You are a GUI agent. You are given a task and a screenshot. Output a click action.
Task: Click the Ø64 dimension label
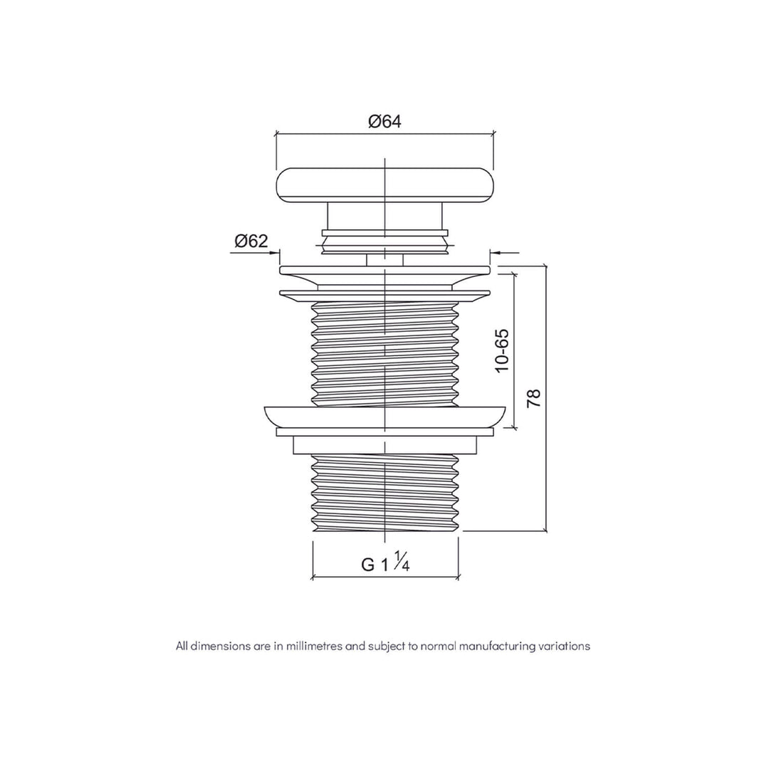tap(384, 121)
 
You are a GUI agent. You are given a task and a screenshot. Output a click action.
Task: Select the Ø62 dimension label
tap(251, 241)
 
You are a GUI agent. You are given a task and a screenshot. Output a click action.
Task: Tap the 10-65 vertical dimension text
tap(503, 350)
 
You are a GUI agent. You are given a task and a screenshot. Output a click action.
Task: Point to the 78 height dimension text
tap(534, 398)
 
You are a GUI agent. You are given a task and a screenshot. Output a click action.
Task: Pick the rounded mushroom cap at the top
tap(384, 184)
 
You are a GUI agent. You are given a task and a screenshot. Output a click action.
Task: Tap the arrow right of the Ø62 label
tap(275, 252)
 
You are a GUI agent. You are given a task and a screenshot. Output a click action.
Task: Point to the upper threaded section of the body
tap(384, 352)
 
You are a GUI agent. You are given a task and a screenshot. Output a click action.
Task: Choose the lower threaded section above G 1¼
tap(384, 491)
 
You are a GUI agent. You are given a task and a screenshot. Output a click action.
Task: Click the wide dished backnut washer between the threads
tap(384, 416)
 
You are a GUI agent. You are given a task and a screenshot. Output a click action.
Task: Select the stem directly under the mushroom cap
tap(384, 216)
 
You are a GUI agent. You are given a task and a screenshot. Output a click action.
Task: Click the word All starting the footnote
tap(182, 647)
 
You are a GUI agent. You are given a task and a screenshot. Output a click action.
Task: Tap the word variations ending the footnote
tap(565, 647)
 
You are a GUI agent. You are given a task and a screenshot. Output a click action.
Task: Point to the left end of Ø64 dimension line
tap(276, 133)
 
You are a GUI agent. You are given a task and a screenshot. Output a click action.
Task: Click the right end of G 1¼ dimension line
tap(458, 577)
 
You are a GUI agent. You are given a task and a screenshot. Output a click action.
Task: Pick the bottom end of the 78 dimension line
tap(546, 530)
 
